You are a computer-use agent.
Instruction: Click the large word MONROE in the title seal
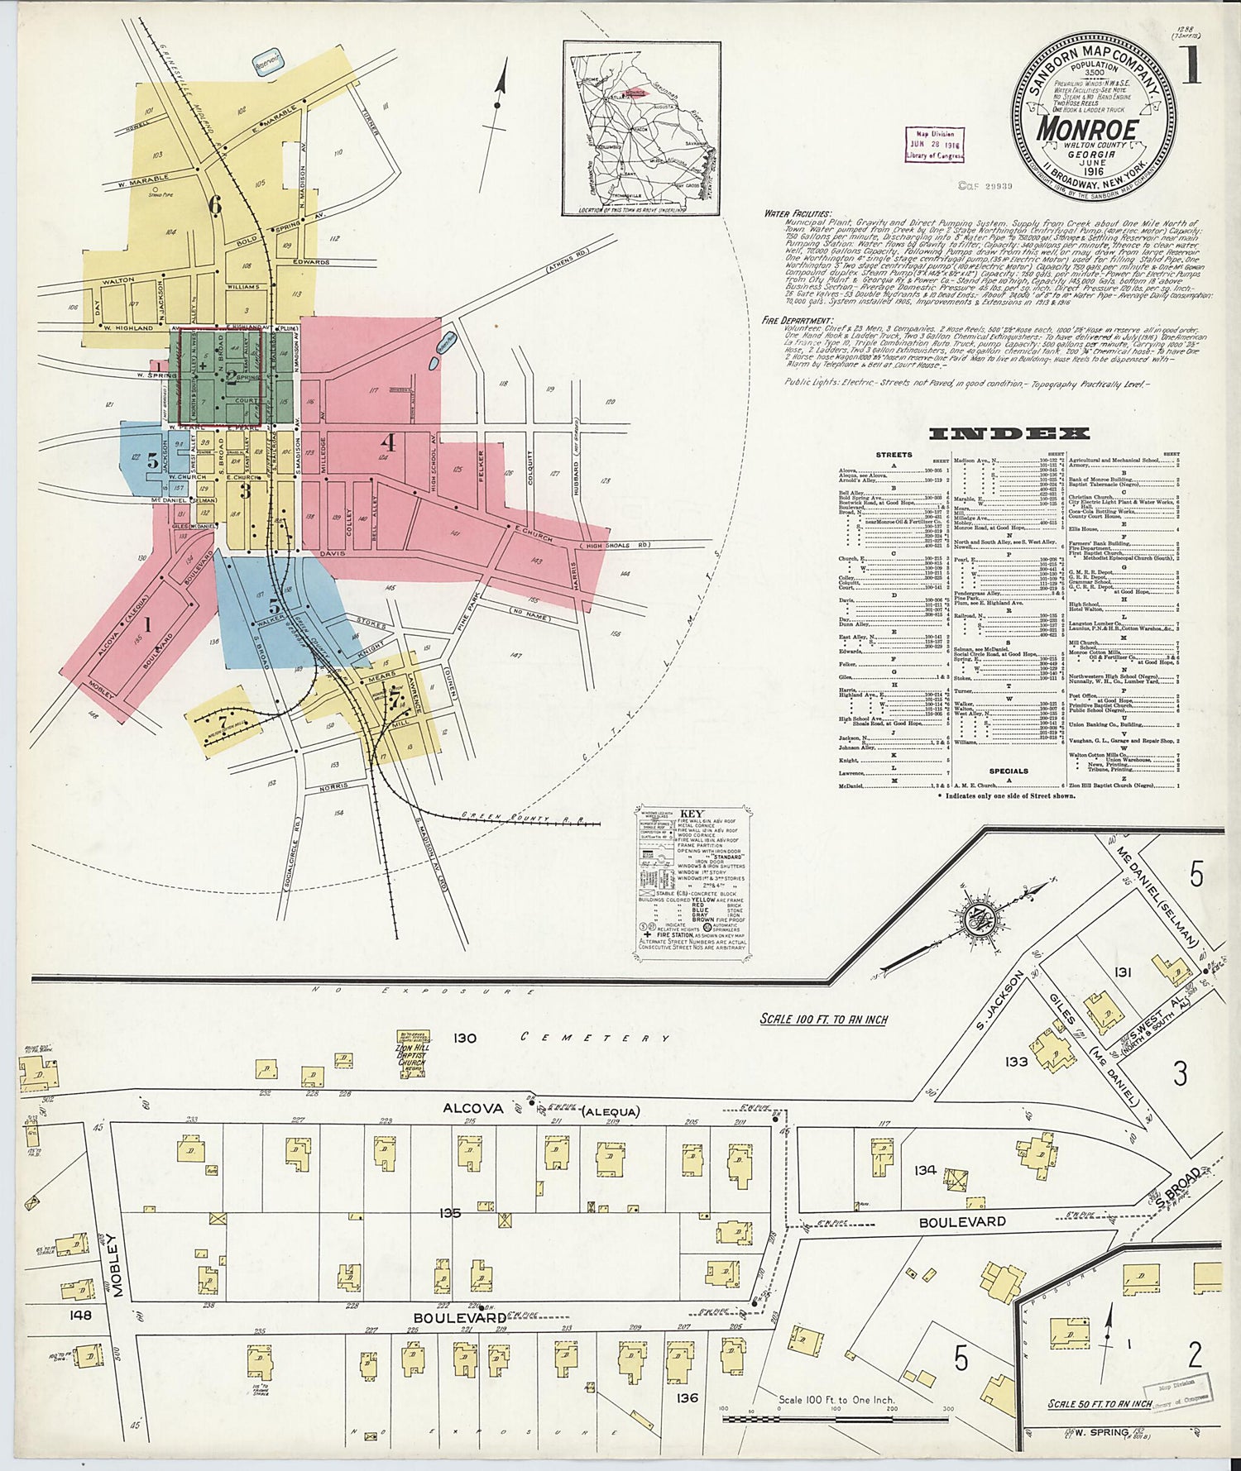point(1087,129)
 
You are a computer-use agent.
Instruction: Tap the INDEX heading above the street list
point(1009,433)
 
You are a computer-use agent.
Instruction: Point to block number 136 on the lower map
point(687,1397)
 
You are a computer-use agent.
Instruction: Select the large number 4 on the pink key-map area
point(387,442)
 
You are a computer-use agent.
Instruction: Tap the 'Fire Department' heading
point(798,319)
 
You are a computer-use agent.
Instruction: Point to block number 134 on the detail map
point(925,1169)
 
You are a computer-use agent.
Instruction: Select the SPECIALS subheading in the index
point(1008,771)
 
